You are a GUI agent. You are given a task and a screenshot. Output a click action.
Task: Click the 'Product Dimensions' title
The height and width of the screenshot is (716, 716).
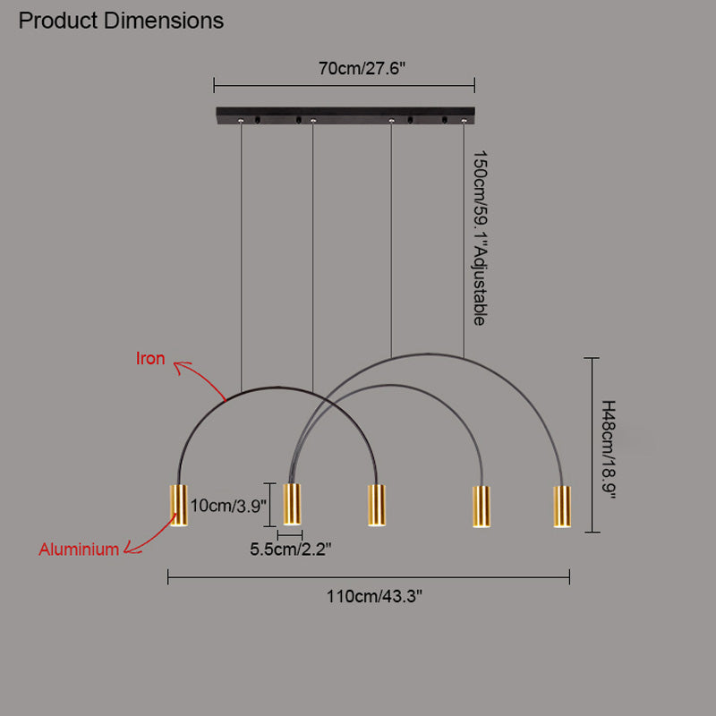[121, 20]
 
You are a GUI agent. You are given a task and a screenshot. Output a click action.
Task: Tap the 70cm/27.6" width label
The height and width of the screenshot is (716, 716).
[344, 67]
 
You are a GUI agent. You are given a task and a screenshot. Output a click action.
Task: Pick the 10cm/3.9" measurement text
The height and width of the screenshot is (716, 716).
[228, 506]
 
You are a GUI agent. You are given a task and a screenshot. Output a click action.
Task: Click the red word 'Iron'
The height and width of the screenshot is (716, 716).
[150, 359]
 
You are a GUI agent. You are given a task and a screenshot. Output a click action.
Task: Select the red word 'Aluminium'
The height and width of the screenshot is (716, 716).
[79, 550]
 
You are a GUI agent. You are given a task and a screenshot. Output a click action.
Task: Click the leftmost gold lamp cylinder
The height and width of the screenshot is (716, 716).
[179, 506]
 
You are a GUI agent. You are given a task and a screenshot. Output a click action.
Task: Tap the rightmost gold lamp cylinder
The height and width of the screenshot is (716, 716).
[561, 507]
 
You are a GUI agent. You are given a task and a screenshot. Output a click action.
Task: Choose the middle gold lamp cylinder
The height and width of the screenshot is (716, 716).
[376, 506]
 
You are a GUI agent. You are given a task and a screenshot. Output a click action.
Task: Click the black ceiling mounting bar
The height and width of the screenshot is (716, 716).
[344, 115]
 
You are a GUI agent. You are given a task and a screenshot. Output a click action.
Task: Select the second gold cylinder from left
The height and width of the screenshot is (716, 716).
[292, 506]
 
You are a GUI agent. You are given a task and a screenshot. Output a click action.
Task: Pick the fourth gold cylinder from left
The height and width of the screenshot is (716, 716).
[482, 507]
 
